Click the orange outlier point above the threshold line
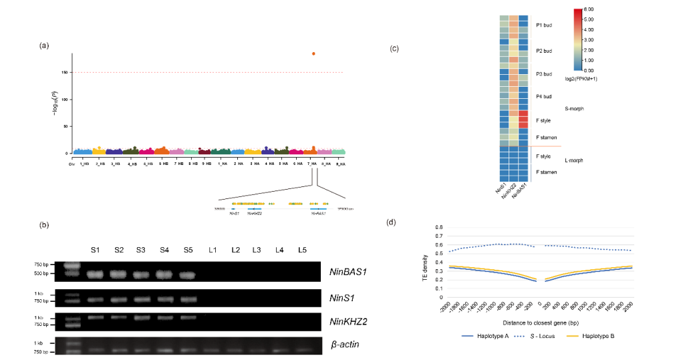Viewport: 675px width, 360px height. click(x=313, y=53)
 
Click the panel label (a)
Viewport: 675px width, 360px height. click(x=45, y=45)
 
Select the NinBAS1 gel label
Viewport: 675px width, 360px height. click(x=347, y=272)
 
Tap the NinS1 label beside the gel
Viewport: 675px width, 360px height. click(x=343, y=297)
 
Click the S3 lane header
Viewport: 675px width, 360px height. click(x=141, y=250)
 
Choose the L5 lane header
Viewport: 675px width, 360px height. click(x=302, y=250)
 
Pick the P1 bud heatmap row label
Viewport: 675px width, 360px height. click(x=543, y=25)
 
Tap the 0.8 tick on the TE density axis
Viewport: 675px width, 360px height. click(x=440, y=227)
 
